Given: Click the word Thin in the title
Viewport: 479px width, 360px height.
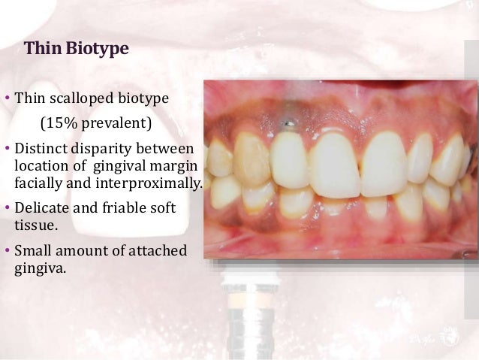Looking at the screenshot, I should [x=42, y=50].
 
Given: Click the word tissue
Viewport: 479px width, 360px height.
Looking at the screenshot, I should [x=34, y=224].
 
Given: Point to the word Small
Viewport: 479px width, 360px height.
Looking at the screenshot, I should [x=33, y=250].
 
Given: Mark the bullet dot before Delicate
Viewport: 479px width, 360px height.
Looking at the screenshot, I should [x=7, y=207].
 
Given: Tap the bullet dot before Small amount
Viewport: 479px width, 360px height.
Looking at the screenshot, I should [x=7, y=250].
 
